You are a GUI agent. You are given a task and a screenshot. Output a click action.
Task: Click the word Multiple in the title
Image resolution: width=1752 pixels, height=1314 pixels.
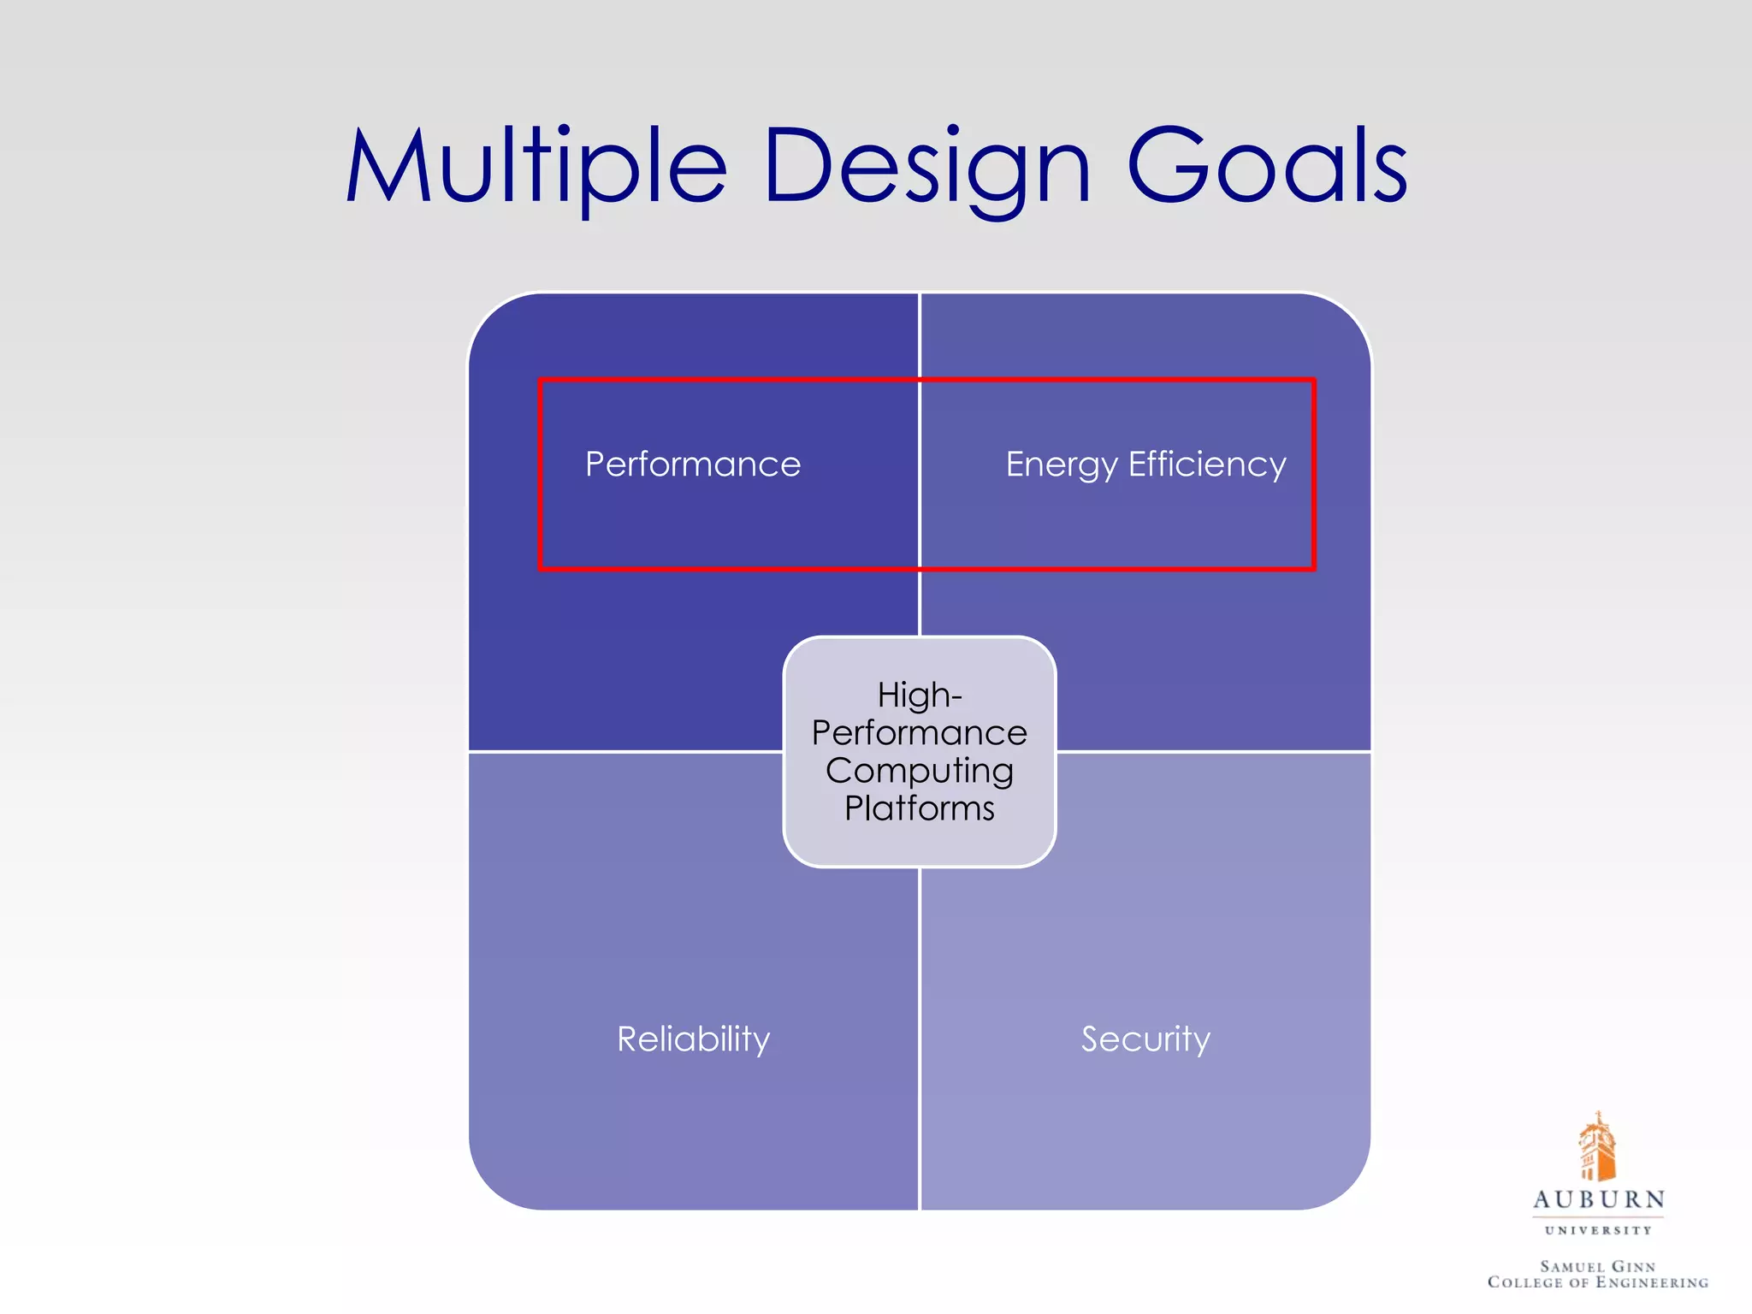[x=536, y=167]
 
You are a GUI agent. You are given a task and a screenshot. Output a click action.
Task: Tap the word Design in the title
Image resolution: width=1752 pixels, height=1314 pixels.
[x=927, y=167]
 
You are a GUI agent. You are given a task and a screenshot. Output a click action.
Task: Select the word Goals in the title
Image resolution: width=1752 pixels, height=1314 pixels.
[x=1267, y=167]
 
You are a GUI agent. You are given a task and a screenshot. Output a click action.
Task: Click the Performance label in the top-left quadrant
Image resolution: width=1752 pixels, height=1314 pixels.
[x=693, y=465]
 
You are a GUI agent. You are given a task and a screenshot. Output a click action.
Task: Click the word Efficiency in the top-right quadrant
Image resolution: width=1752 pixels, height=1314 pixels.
[x=1207, y=465]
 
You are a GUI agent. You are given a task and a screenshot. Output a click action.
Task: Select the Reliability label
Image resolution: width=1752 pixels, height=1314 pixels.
[x=694, y=1039]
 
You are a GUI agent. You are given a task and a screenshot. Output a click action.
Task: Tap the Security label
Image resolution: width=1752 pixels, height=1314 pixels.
[x=1145, y=1039]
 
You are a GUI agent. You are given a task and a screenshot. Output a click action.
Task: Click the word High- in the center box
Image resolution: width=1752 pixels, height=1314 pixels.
[x=920, y=695]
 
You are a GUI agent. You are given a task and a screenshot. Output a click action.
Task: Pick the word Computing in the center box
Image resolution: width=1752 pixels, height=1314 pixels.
[x=920, y=771]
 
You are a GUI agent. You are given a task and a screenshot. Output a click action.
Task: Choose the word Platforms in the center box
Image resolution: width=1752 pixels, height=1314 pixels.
[x=920, y=808]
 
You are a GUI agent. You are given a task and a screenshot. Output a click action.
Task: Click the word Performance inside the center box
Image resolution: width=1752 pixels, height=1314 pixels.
[x=920, y=733]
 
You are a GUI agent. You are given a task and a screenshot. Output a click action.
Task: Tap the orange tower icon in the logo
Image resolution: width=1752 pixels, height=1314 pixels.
[x=1596, y=1146]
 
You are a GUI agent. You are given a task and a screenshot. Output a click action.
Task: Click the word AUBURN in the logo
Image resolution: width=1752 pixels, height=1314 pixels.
[x=1598, y=1199]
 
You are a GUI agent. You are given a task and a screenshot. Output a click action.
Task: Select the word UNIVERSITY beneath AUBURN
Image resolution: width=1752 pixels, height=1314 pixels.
[x=1598, y=1230]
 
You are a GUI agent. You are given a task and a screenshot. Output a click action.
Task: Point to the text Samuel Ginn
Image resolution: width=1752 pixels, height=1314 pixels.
[x=1598, y=1266]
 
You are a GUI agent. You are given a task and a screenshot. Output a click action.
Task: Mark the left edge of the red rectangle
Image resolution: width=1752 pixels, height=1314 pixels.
[x=541, y=475]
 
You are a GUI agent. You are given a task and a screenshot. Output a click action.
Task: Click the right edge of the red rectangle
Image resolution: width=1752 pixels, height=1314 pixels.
[x=1313, y=475]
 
